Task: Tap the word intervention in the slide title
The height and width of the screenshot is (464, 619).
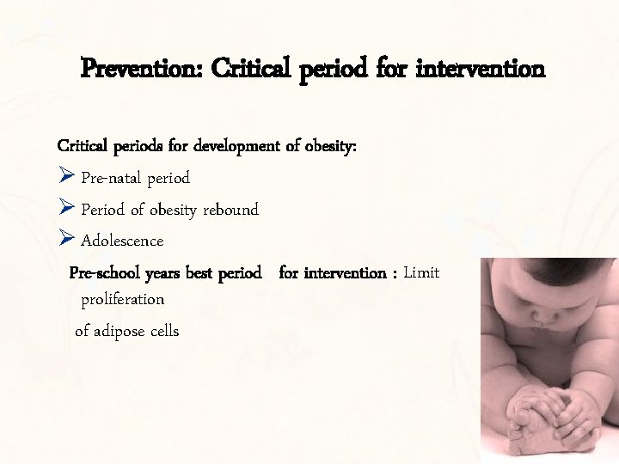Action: [480, 67]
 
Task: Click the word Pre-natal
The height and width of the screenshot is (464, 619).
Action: [112, 178]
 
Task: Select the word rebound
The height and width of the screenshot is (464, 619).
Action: [230, 210]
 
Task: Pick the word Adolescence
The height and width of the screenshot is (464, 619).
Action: [122, 241]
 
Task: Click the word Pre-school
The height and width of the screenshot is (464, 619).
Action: [105, 273]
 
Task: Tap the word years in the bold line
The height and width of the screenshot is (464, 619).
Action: [163, 274]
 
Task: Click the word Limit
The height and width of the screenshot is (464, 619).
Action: [421, 273]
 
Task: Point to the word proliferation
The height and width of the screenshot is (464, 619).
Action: [122, 300]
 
